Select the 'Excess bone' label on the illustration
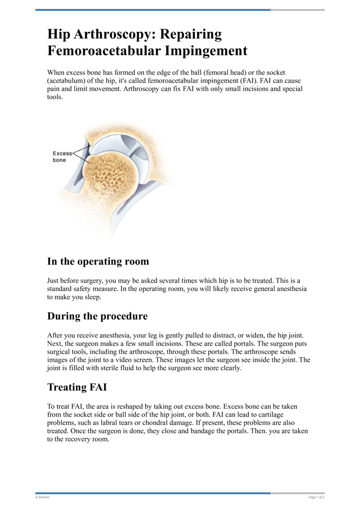pos(62,156)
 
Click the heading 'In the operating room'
pos(98,261)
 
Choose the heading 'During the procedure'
pos(97,316)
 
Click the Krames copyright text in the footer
pos(43,497)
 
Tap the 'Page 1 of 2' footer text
pos(316,497)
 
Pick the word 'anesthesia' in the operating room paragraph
pos(287,289)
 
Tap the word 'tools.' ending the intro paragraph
pos(55,97)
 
